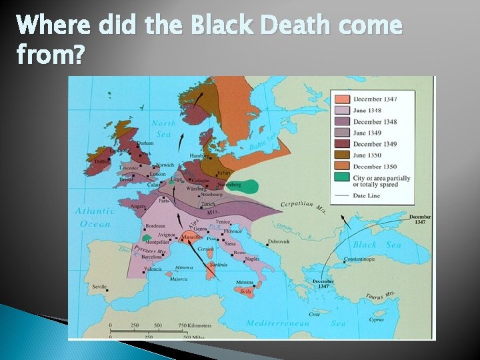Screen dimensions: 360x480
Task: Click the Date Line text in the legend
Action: point(369,195)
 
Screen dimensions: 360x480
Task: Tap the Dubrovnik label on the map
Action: point(279,241)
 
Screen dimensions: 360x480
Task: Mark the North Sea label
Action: point(163,127)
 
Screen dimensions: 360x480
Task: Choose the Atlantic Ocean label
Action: point(95,217)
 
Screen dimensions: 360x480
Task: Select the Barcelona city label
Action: point(152,256)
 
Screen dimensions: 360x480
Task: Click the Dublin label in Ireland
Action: point(102,161)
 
